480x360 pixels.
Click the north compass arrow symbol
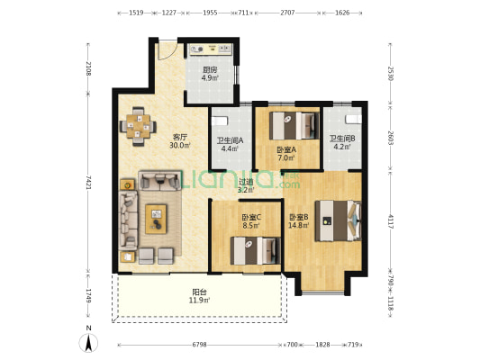88,343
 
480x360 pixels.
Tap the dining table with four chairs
138,126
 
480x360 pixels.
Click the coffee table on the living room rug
156,219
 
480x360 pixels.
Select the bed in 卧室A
294,126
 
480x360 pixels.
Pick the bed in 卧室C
255,250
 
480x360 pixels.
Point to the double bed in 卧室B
339,220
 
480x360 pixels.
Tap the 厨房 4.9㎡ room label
210,74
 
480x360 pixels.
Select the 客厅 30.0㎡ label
180,140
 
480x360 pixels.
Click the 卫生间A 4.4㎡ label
230,145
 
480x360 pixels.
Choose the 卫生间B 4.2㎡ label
342,142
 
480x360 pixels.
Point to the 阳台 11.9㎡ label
199,296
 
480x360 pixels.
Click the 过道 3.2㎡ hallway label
246,186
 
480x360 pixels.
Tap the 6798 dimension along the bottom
199,345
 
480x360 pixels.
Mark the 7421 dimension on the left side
88,183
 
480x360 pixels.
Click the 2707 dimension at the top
287,13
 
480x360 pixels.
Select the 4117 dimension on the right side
390,221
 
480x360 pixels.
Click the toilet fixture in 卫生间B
353,120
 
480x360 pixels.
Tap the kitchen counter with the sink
211,49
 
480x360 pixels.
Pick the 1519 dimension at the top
136,13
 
